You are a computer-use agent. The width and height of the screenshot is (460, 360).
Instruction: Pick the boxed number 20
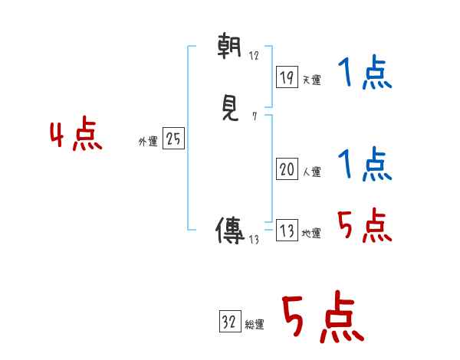pos(286,169)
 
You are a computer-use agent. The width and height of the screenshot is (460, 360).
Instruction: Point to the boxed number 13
pos(286,231)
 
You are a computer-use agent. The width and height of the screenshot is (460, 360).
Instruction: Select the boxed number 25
pos(173,139)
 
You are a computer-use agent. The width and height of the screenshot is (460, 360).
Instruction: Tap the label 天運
pos(311,80)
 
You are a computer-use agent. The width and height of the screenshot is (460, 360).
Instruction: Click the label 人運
pos(311,172)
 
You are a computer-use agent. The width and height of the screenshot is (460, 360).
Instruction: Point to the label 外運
pos(148,142)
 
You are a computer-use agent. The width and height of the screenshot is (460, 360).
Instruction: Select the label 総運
pos(255,325)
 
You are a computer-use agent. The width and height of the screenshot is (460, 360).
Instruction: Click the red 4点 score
pos(76,137)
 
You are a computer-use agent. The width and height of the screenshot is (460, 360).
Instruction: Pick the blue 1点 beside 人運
pos(365,165)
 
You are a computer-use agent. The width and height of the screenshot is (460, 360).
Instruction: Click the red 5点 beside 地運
pos(365,226)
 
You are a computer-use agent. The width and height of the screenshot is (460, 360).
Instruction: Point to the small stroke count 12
pos(254,56)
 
